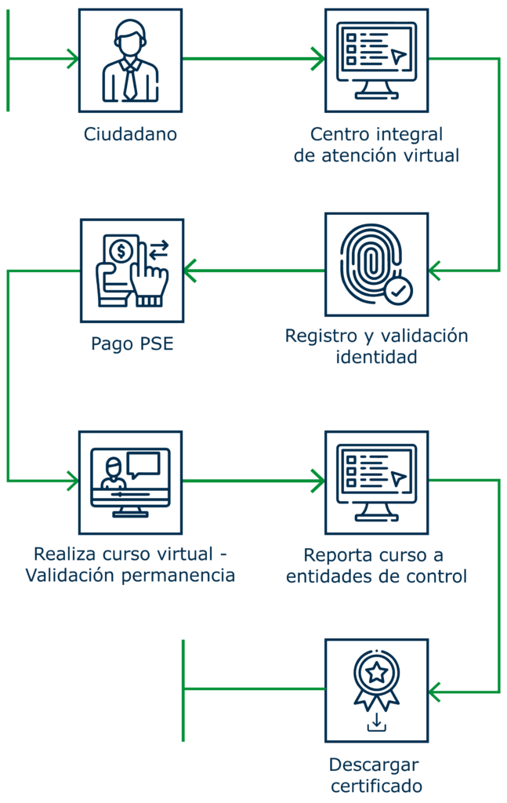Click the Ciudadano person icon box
pyautogui.click(x=131, y=60)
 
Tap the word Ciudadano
pyautogui.click(x=131, y=134)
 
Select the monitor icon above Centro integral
pyautogui.click(x=377, y=60)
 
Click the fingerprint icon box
pyautogui.click(x=377, y=264)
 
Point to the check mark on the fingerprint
pyautogui.click(x=399, y=291)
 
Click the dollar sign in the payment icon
pyautogui.click(x=121, y=252)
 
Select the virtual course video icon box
pyautogui.click(x=131, y=481)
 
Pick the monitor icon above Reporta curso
pyautogui.click(x=377, y=481)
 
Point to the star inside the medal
pyautogui.click(x=377, y=671)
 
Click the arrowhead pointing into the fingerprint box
pyautogui.click(x=433, y=271)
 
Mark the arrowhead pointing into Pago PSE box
pyautogui.click(x=190, y=271)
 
